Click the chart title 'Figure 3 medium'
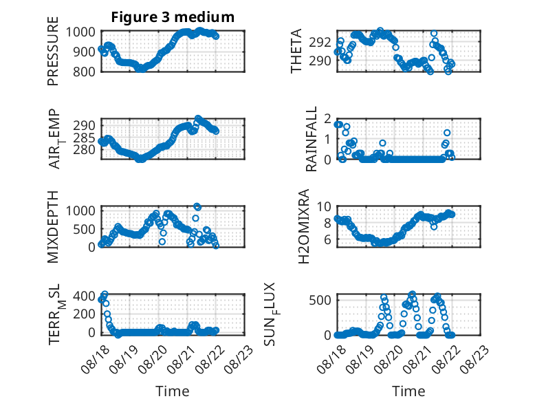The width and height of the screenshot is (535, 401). click(173, 17)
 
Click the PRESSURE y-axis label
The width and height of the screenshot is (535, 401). click(53, 51)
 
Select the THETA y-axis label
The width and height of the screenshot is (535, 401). click(296, 51)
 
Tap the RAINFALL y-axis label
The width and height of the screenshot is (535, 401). click(312, 139)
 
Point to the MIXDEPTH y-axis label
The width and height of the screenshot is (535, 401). click(53, 227)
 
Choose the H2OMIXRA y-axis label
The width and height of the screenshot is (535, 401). click(304, 226)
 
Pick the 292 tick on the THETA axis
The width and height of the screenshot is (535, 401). click(320, 43)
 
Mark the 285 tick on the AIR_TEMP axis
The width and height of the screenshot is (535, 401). click(85, 138)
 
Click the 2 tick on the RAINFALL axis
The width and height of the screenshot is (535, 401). click(328, 119)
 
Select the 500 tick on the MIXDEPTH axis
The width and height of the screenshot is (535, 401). click(85, 229)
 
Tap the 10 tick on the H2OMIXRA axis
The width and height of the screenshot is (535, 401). click(324, 206)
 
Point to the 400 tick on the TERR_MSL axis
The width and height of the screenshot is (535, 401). click(85, 296)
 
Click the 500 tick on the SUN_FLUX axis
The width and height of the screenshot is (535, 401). click(320, 301)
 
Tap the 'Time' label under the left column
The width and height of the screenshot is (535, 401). click(173, 391)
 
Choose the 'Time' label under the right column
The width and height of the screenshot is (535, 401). click(408, 391)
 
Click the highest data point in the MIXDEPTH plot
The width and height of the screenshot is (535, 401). click(197, 206)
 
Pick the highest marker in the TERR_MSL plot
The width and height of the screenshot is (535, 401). click(105, 294)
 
